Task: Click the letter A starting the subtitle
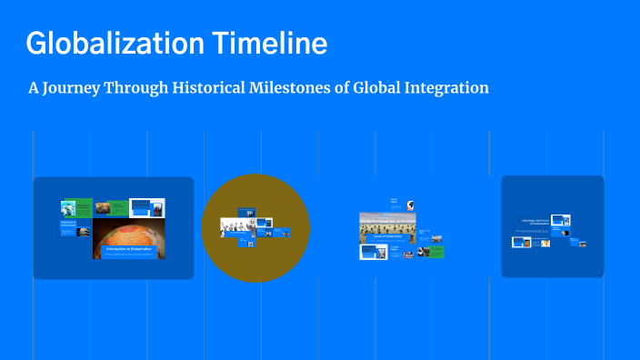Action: click(34, 88)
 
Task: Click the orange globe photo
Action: click(128, 233)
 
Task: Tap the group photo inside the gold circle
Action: click(235, 224)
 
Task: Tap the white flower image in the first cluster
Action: click(146, 208)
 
